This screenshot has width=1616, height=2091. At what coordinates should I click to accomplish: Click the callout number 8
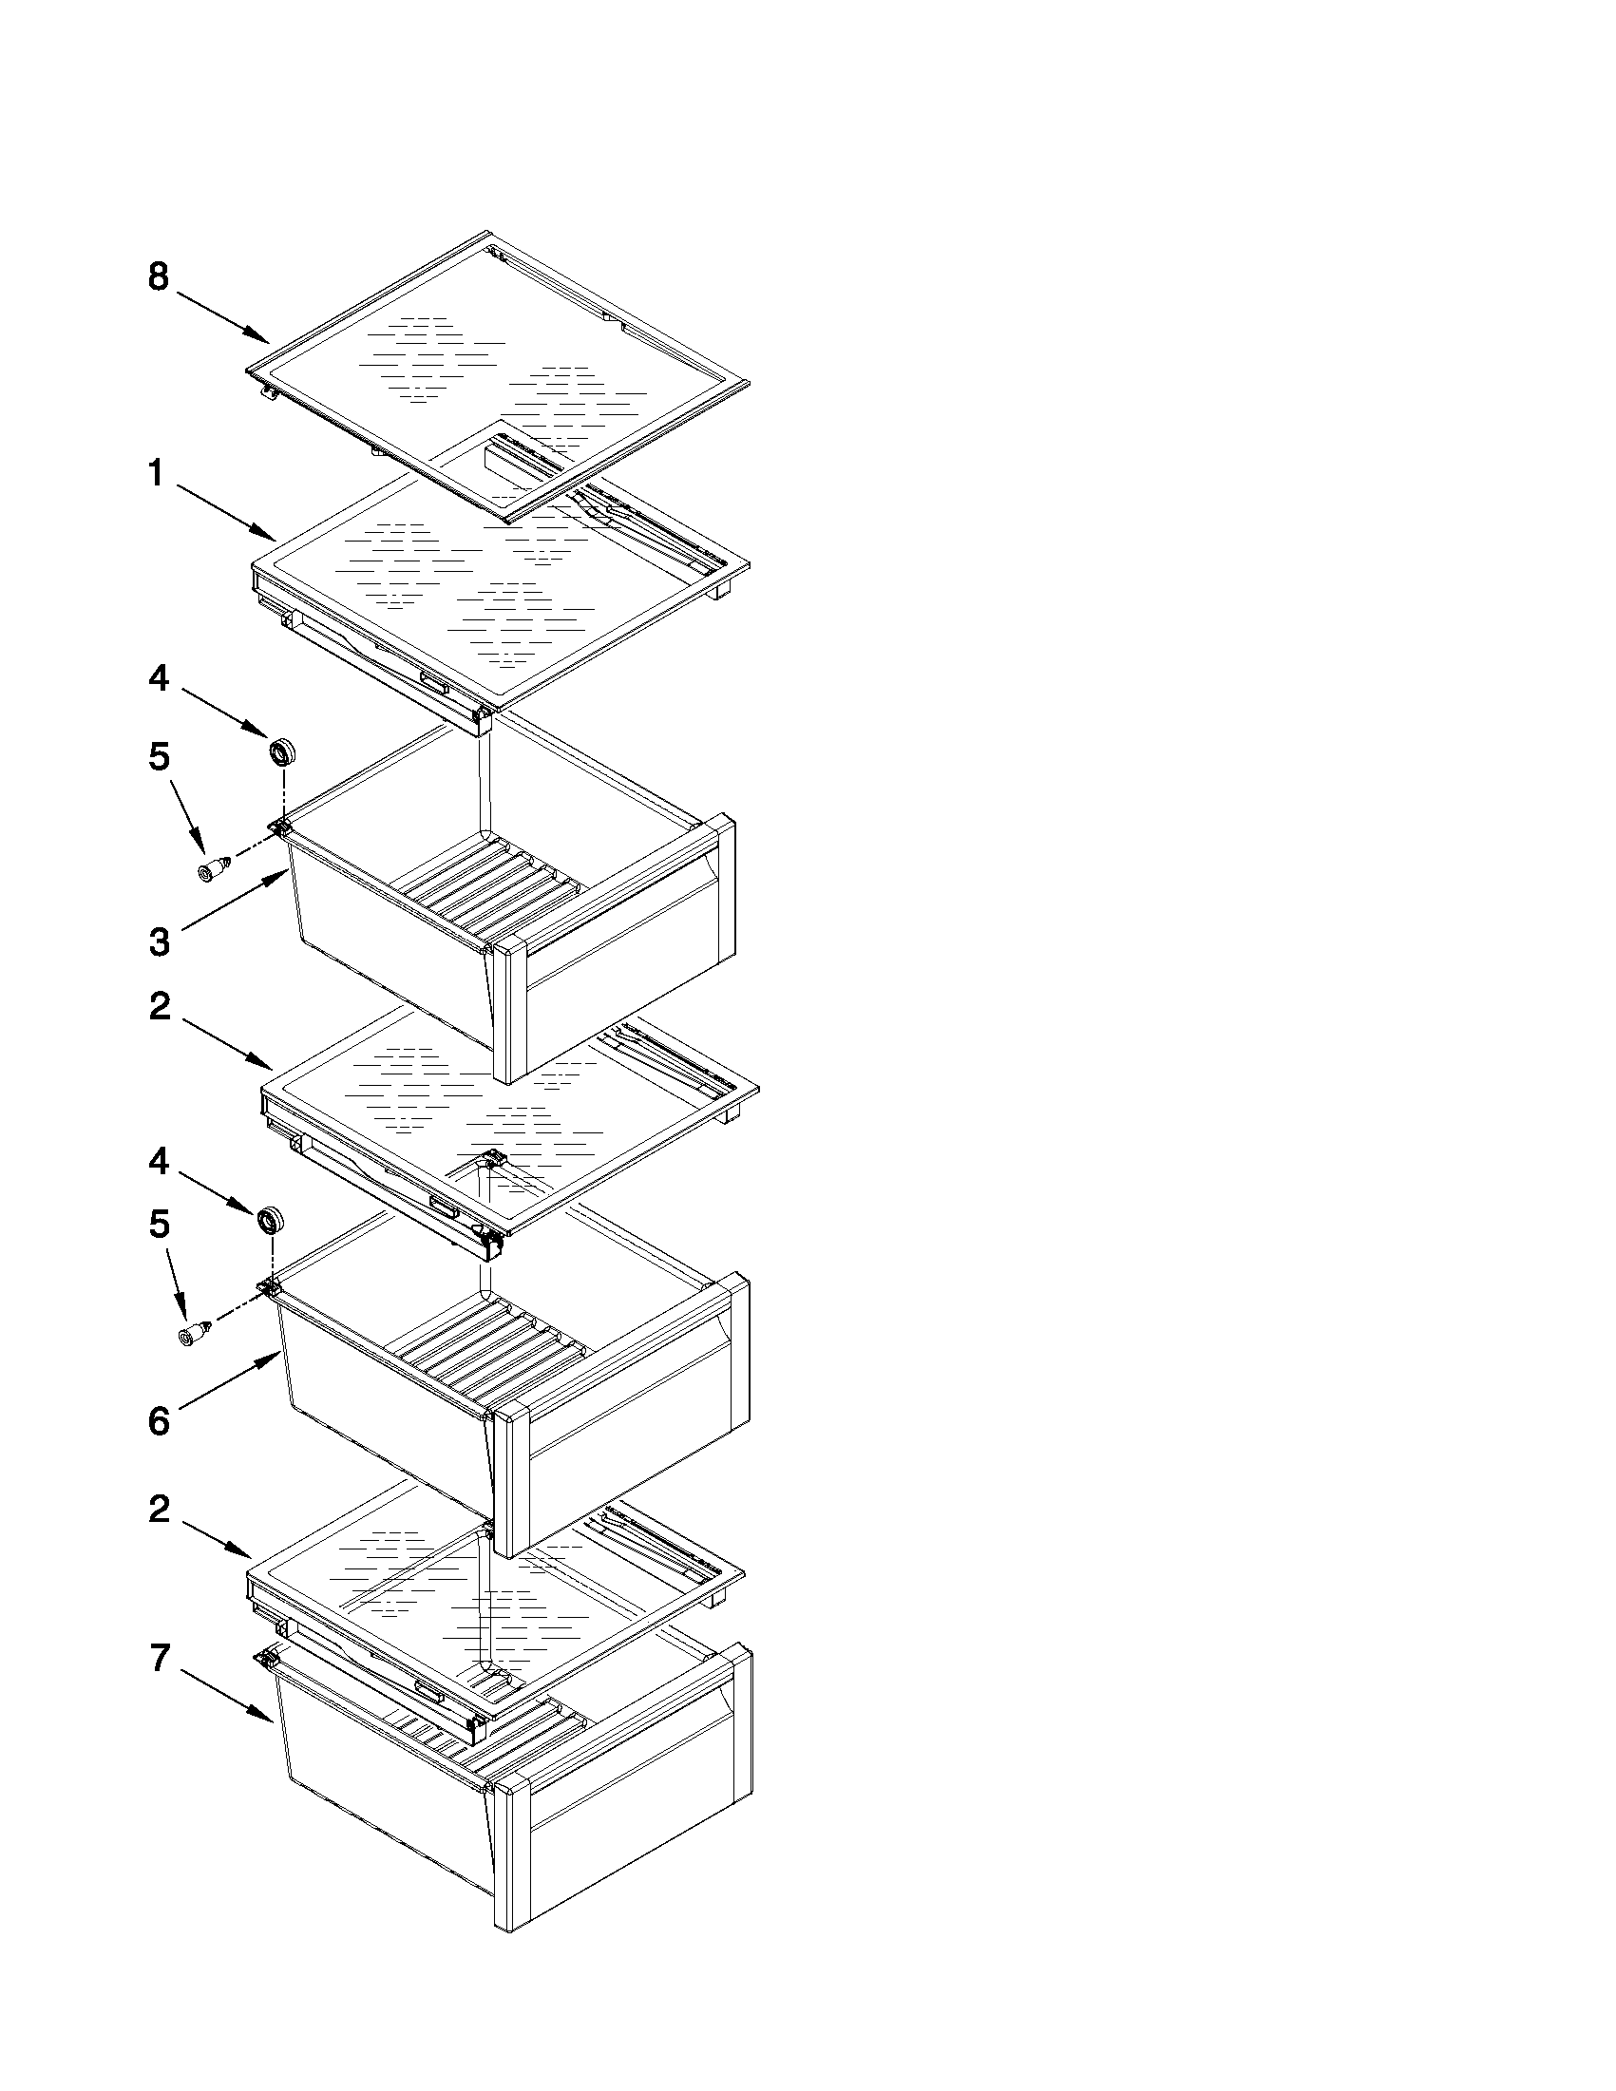click(x=159, y=277)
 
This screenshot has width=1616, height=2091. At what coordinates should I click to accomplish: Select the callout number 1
click(x=156, y=473)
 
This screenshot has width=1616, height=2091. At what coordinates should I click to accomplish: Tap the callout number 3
click(x=159, y=942)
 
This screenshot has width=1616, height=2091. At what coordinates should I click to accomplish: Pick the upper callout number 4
click(x=159, y=679)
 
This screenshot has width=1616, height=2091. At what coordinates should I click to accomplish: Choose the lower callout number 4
click(x=159, y=1162)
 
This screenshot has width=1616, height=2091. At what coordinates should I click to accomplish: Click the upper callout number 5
click(x=159, y=757)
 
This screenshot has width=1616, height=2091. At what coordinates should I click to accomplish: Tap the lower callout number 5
click(x=159, y=1224)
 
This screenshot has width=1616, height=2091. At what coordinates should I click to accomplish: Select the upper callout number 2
click(x=159, y=1006)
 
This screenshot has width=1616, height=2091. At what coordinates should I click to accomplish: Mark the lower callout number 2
click(x=159, y=1510)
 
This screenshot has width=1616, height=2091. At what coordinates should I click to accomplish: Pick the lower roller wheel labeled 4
click(x=272, y=1221)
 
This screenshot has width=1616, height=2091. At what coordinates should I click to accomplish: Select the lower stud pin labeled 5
click(x=195, y=1333)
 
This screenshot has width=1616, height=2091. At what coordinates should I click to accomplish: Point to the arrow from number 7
click(x=226, y=1696)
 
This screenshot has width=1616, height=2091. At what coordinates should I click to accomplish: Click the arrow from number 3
click(x=236, y=899)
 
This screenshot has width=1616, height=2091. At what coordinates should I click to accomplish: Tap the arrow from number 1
click(x=226, y=513)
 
